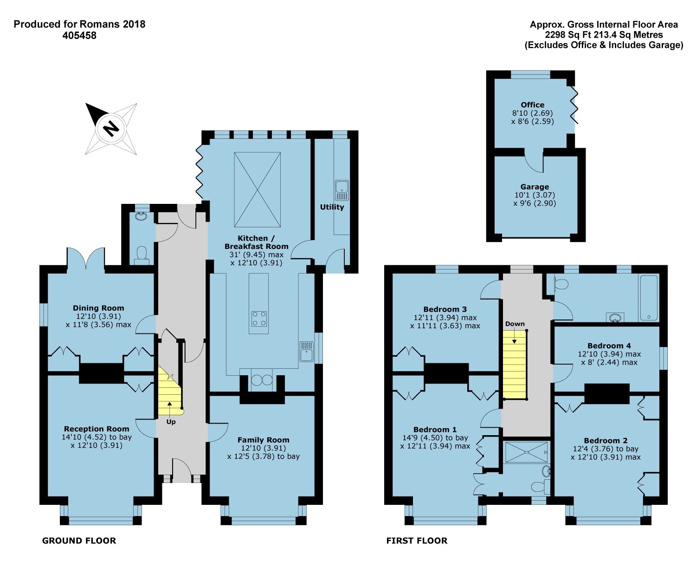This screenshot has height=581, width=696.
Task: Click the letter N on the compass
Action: (x=111, y=128)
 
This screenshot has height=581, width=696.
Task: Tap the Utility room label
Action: (x=332, y=207)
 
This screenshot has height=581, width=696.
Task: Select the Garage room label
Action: (x=535, y=187)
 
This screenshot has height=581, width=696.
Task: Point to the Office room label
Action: (x=532, y=105)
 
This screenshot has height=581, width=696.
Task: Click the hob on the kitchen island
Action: (x=259, y=319)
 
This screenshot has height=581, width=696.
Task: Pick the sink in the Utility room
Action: (x=342, y=190)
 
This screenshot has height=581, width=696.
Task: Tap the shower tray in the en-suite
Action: (x=526, y=452)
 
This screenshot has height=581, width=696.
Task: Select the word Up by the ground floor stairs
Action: (x=171, y=422)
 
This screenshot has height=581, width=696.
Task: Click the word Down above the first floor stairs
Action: (x=515, y=324)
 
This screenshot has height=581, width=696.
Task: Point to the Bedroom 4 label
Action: (x=609, y=346)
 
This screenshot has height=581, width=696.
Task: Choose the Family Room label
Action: (x=264, y=440)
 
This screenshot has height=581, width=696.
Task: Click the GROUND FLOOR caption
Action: (x=79, y=541)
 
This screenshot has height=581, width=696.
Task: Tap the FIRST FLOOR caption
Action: (x=417, y=541)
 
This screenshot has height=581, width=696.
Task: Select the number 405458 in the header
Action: (x=79, y=35)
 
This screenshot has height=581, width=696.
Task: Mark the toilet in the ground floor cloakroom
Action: (x=142, y=255)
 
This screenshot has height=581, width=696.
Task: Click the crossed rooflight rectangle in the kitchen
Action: (x=258, y=189)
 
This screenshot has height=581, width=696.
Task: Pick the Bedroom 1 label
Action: (x=435, y=430)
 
